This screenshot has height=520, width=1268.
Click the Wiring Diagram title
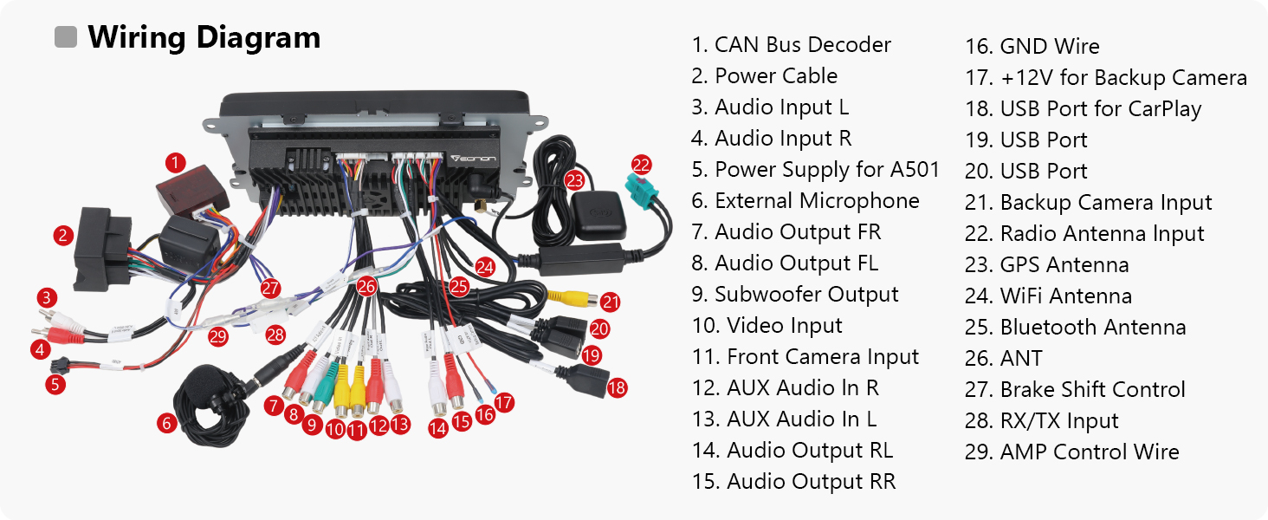point(204,38)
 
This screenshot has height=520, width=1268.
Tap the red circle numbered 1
point(176,162)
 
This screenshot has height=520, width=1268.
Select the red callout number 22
point(641,165)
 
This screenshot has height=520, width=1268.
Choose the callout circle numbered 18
point(617,388)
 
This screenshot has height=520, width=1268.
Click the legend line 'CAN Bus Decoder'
point(791,45)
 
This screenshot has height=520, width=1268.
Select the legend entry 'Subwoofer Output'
point(795,295)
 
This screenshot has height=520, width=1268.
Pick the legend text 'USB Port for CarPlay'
point(1084,109)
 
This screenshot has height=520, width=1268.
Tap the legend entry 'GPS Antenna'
point(1047,265)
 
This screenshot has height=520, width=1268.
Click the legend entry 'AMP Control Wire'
point(1072,452)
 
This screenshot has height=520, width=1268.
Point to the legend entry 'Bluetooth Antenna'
point(1075,328)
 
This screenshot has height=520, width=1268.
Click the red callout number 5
point(56,384)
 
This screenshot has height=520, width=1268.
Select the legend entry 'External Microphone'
point(805,201)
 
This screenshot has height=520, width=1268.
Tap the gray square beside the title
point(66,37)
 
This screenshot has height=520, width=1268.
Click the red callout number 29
point(217,335)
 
